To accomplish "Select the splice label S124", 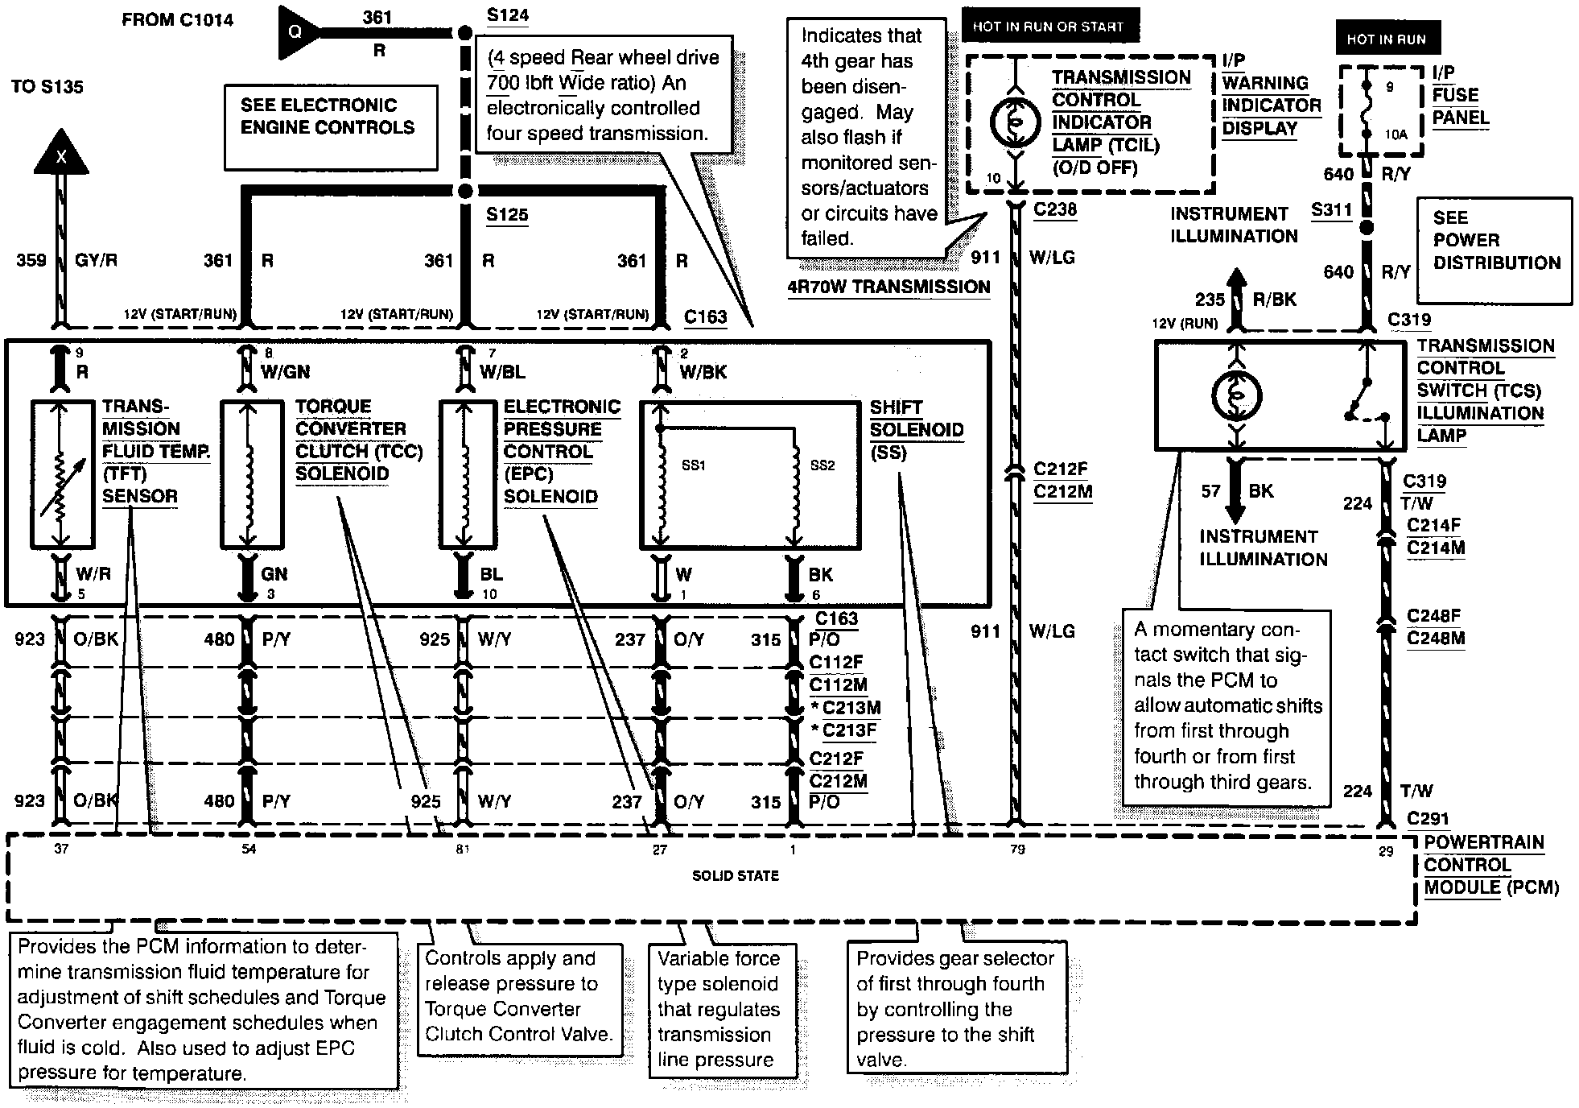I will click(508, 15).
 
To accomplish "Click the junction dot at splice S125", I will click(464, 192).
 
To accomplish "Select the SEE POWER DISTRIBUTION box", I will click(1495, 241).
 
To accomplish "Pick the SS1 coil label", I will click(693, 465).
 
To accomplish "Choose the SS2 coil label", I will click(822, 465).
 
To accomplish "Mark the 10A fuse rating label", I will click(1396, 135).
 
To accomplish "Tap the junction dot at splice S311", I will click(1366, 228).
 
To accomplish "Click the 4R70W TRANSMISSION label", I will click(888, 287).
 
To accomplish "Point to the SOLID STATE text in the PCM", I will click(736, 875).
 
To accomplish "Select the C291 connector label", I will click(1428, 819).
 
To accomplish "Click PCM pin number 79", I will click(1017, 850).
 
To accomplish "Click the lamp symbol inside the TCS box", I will click(1236, 395).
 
